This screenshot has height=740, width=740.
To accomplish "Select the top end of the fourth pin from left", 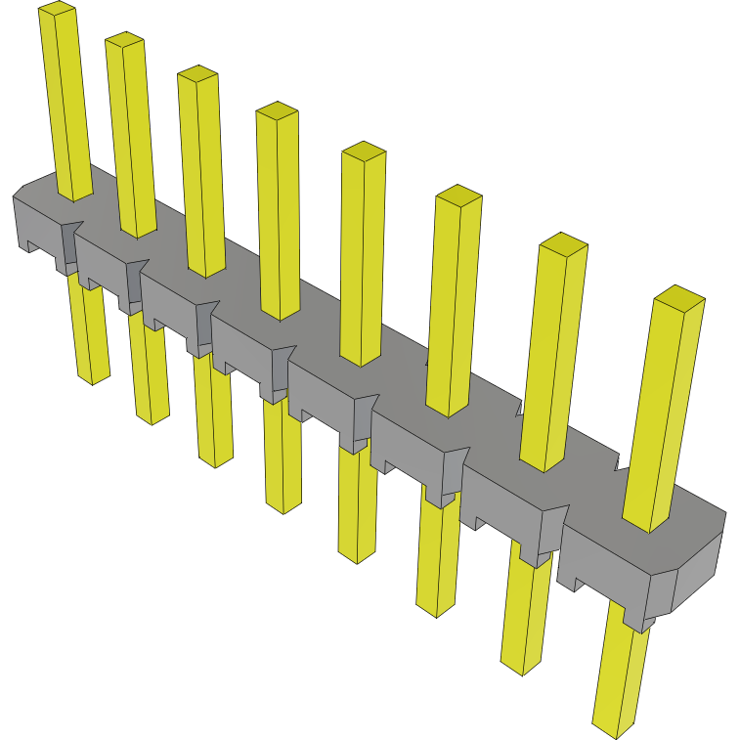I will pos(277,110).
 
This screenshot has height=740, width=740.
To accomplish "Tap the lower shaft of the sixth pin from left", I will pos(436,557).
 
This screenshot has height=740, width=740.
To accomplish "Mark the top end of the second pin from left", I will pos(124,40).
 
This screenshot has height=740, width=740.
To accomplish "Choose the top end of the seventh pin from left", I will pos(563,242).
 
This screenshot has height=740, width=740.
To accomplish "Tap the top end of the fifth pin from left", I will pos(363,151).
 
